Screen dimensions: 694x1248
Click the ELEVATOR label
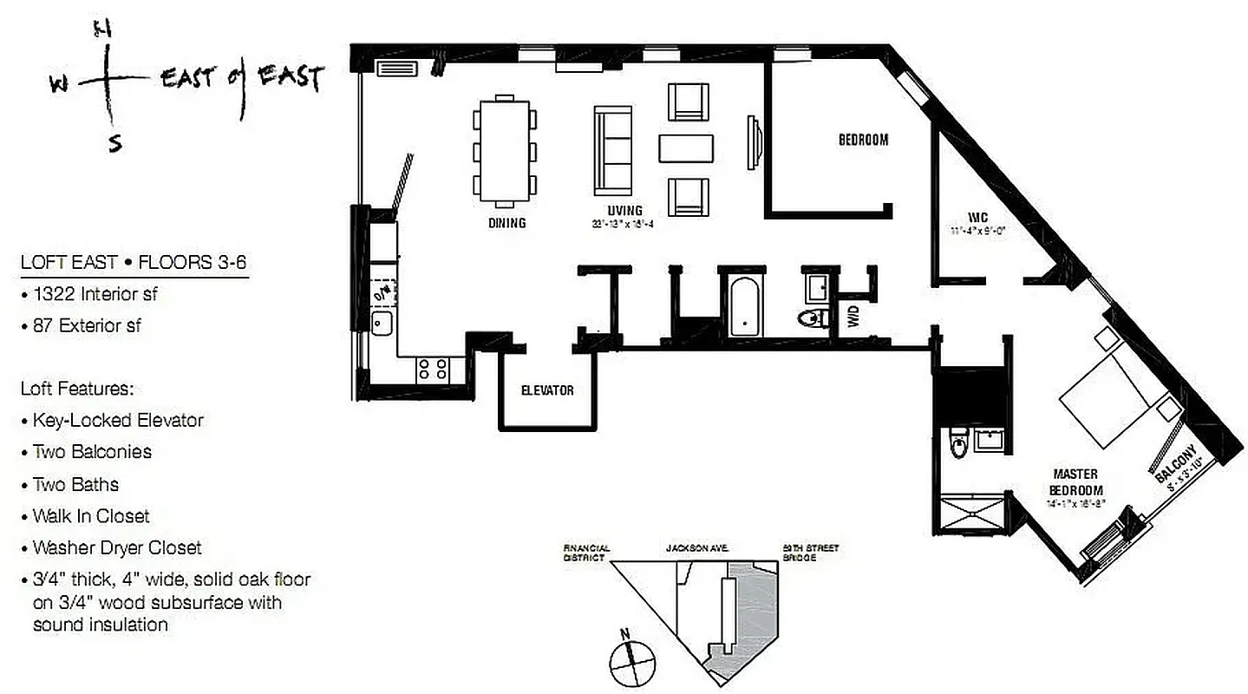(x=547, y=390)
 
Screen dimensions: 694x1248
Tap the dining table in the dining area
(x=504, y=151)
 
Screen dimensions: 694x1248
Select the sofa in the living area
(x=613, y=151)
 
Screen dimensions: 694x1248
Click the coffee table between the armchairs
(x=686, y=148)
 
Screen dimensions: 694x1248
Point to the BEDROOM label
(x=863, y=139)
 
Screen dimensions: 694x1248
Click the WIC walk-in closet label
(x=979, y=218)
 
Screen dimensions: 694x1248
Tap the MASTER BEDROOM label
(x=1075, y=481)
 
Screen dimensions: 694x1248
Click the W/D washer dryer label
(x=853, y=318)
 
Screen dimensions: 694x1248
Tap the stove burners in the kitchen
(x=432, y=370)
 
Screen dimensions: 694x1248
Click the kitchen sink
(x=382, y=324)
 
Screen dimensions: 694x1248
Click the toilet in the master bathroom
(x=957, y=445)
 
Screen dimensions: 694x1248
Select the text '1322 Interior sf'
(x=95, y=294)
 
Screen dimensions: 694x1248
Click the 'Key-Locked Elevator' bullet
(x=118, y=420)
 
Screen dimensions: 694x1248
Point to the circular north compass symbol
(x=630, y=664)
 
